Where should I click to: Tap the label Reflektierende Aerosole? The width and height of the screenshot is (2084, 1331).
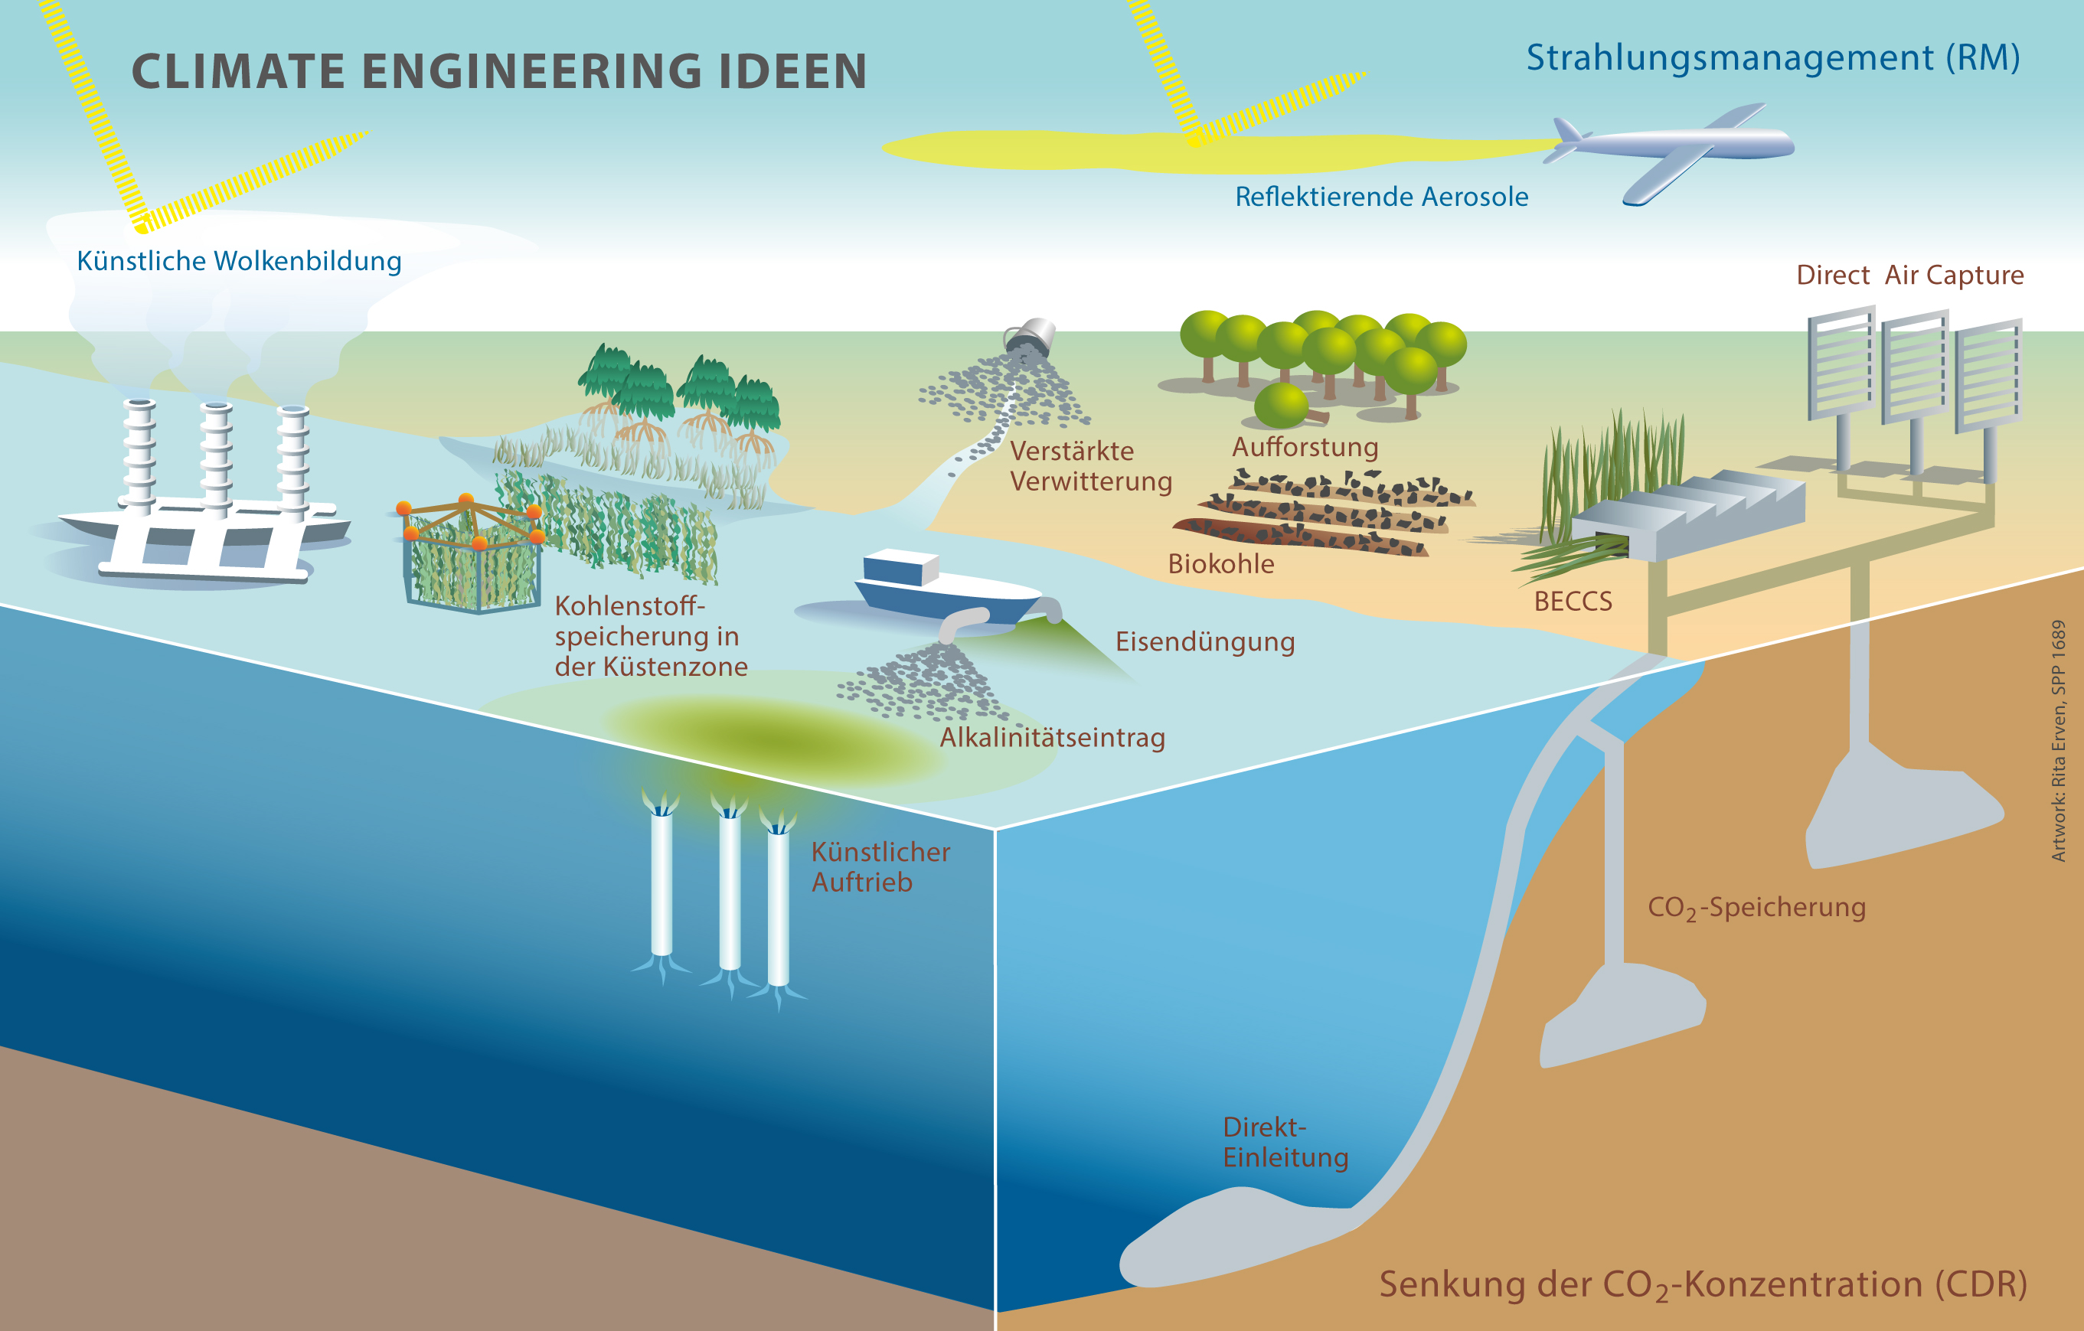[1381, 197]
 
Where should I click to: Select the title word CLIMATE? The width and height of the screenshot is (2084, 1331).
[238, 71]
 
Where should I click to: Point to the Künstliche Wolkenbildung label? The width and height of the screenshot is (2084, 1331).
[239, 261]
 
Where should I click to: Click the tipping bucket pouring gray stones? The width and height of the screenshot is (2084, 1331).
[1031, 336]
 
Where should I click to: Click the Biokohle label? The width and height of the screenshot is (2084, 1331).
[1220, 564]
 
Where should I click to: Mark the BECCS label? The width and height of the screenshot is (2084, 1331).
[1573, 602]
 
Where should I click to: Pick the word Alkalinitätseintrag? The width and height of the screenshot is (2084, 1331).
[1053, 738]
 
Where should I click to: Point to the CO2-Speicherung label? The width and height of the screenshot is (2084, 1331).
[1756, 908]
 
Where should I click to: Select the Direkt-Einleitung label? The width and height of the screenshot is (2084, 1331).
[1285, 1143]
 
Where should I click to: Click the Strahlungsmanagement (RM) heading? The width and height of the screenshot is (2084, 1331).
[1772, 58]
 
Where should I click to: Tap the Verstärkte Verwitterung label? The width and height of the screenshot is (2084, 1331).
[1090, 466]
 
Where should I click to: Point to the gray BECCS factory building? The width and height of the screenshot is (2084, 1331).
[1687, 515]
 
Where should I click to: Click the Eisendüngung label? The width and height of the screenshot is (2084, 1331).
[1205, 642]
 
